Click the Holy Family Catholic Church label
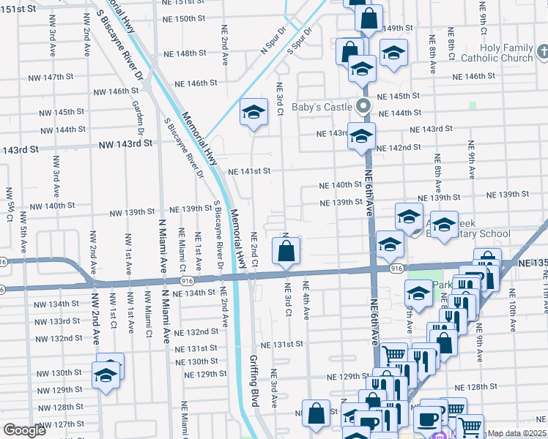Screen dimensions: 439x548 507,53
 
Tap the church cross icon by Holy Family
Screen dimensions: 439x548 542,52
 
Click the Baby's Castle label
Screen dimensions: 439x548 322,107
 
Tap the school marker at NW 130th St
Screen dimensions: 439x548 107,375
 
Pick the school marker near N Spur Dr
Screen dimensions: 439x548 254,113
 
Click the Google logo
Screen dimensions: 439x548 25,430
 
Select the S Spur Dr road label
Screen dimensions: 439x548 301,42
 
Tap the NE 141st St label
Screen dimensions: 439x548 249,171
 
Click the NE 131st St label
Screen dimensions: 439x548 281,344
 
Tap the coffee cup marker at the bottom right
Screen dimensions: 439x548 428,419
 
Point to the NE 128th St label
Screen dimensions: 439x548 475,386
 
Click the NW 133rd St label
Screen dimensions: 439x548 59,320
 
